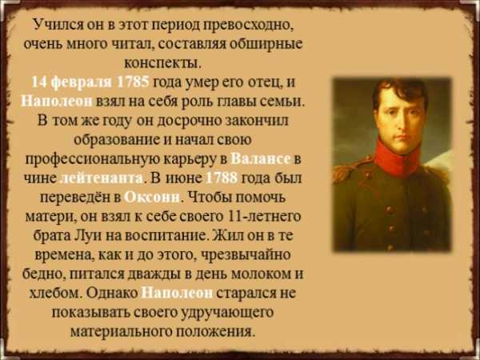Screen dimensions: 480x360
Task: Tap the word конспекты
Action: (x=163, y=64)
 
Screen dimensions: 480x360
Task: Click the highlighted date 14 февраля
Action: (x=72, y=83)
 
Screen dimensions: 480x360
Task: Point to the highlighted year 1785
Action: (x=133, y=82)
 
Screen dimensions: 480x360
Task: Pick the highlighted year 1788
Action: (x=222, y=178)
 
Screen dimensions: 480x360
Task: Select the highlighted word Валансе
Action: (x=260, y=159)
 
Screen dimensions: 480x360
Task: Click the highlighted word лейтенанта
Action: (x=102, y=178)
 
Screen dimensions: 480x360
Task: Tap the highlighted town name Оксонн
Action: (x=152, y=198)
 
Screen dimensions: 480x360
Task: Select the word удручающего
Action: (x=227, y=313)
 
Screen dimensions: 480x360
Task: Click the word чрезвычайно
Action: (x=245, y=255)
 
